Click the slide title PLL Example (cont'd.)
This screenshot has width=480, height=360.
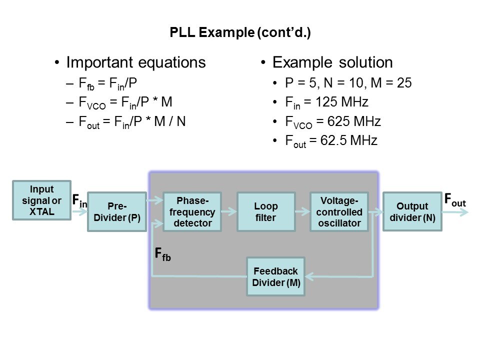(240, 33)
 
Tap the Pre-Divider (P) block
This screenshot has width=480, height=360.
(117, 211)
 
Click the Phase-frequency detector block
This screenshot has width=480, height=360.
(192, 211)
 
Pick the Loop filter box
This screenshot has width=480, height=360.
(265, 211)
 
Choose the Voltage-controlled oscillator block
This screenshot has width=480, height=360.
(339, 211)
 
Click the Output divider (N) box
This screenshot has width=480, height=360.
(412, 211)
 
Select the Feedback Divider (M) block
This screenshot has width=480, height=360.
(275, 276)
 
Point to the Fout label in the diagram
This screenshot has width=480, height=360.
(455, 200)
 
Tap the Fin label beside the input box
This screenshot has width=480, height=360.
(79, 201)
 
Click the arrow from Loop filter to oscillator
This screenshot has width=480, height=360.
(302, 212)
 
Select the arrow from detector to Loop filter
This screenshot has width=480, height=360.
(228, 212)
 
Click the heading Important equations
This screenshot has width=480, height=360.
(135, 62)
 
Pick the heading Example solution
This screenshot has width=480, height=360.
(332, 62)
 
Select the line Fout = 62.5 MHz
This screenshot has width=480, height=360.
(331, 141)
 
